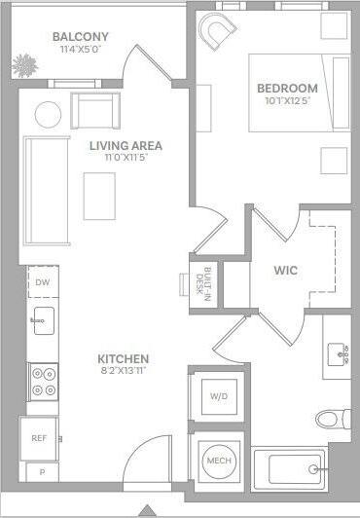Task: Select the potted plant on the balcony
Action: pyautogui.click(x=23, y=67)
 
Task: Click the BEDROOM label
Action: pyautogui.click(x=287, y=87)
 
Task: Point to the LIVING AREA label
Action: pyautogui.click(x=126, y=146)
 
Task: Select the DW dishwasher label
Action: pyautogui.click(x=42, y=282)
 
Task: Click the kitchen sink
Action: pyautogui.click(x=43, y=320)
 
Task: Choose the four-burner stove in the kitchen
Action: pyautogui.click(x=44, y=381)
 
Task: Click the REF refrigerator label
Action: pyautogui.click(x=39, y=438)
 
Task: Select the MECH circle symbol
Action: pyautogui.click(x=217, y=461)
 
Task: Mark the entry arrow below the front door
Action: pyautogui.click(x=147, y=510)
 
